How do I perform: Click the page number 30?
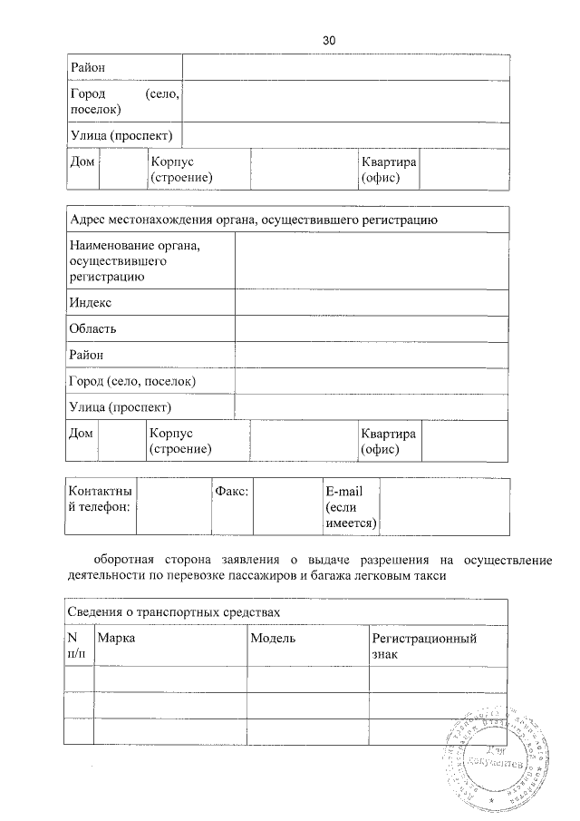pos(329,40)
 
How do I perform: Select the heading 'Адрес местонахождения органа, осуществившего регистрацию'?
pos(254,220)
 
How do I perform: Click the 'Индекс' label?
pos(90,302)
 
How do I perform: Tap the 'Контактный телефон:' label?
pos(100,497)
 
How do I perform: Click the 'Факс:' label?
pos(232,490)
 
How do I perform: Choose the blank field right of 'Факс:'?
pos(286,506)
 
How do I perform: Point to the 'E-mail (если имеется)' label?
pos(350,506)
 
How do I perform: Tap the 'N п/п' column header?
pos(79,646)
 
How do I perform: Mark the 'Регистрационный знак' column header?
pos(424,646)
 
